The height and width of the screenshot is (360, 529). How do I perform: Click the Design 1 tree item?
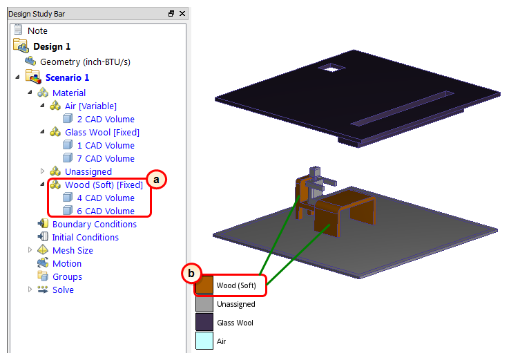[52, 46]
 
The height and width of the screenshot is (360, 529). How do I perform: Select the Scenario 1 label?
[67, 77]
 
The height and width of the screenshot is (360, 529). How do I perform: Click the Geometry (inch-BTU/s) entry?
[85, 61]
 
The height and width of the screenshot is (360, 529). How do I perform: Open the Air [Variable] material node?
[90, 106]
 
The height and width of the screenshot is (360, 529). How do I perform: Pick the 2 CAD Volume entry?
[106, 120]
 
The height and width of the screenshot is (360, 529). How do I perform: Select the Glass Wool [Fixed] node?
[102, 133]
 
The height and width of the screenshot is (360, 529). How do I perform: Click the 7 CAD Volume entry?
[106, 159]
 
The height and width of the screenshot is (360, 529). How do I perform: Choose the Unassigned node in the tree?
[88, 171]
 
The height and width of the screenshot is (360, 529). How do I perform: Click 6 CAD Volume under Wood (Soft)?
[106, 211]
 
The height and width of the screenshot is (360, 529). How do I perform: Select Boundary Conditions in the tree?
[95, 225]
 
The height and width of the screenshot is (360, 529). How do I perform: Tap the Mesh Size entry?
[73, 251]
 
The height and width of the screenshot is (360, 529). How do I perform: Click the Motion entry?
[67, 264]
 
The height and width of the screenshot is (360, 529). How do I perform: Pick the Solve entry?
[63, 290]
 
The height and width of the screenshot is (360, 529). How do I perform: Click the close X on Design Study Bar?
[182, 14]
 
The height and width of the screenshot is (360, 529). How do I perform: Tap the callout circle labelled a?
[156, 180]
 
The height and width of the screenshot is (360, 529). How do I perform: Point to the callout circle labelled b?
[191, 273]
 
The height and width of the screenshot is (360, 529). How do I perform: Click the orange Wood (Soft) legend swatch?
[204, 285]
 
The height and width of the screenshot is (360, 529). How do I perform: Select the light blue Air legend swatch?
[204, 341]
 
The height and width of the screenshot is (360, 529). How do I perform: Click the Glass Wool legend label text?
[235, 323]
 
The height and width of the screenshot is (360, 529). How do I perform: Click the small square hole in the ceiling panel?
[332, 68]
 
